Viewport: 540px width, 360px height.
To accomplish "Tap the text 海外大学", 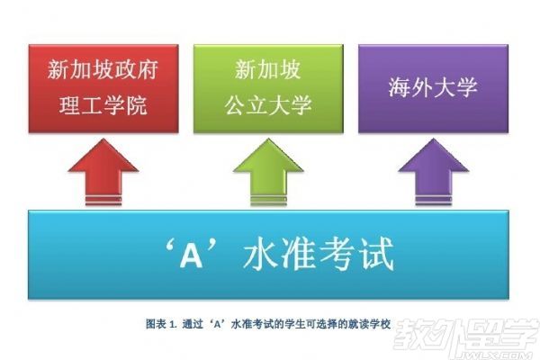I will (x=432, y=88).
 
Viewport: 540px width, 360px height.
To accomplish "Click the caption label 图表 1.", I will (x=161, y=323).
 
